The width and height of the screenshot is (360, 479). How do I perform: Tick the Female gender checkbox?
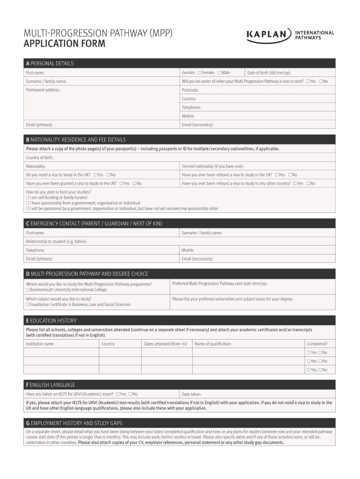(200, 73)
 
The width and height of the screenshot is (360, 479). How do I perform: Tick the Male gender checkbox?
(219, 73)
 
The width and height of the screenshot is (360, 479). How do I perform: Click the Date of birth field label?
(269, 73)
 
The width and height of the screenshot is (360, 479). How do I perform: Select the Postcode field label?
(190, 90)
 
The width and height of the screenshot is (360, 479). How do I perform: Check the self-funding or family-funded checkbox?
(28, 198)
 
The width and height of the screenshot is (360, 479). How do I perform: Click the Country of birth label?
(40, 158)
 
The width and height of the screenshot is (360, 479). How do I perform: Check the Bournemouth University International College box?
(28, 290)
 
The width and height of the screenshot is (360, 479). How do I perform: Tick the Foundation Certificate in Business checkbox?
(28, 305)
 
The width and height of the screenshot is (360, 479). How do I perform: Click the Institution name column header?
(40, 344)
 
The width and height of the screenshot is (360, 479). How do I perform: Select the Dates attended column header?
(165, 344)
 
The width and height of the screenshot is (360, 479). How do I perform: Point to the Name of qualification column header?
(213, 344)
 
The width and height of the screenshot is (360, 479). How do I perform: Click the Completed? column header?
(317, 344)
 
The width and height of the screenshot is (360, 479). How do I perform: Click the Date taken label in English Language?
(192, 394)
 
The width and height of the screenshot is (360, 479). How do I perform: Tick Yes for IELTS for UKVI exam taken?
(118, 394)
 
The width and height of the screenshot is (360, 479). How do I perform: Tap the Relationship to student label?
(56, 241)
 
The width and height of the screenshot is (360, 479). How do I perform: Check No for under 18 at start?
(321, 81)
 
